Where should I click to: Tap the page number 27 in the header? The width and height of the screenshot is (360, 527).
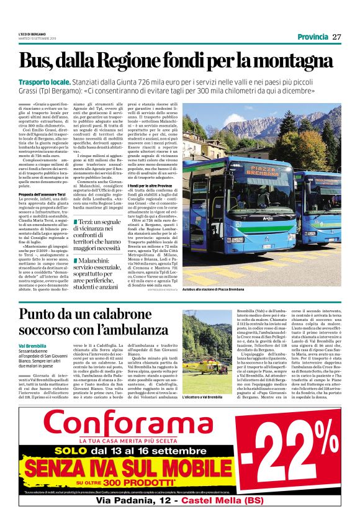(x=336, y=37)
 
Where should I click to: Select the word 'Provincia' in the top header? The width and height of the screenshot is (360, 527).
(x=312, y=37)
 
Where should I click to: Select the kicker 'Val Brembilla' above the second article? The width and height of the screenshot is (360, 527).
(x=32, y=345)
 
